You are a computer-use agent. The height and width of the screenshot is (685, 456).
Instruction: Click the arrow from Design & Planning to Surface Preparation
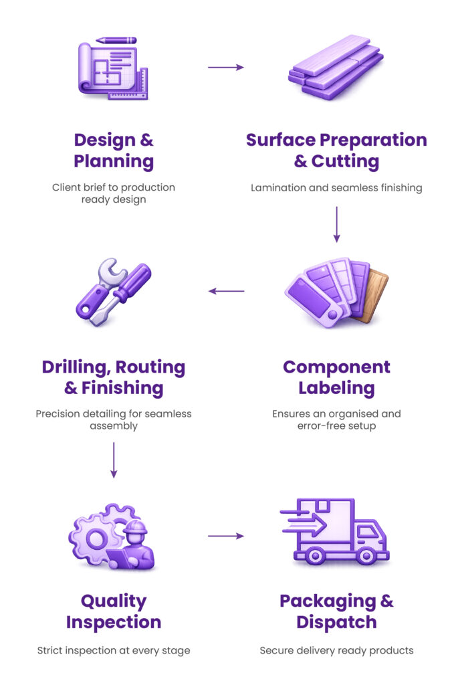(225, 68)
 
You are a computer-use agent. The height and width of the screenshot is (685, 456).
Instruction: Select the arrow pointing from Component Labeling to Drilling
(226, 291)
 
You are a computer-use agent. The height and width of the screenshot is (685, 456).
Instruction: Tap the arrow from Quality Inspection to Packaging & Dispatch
(225, 536)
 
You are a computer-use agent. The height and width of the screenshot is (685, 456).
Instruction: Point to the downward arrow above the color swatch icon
(336, 225)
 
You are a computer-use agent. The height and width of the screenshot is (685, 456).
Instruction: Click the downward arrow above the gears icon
(114, 460)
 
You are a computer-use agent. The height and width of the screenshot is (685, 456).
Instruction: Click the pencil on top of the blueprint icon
(116, 40)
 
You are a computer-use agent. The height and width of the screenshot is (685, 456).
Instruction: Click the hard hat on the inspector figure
(136, 527)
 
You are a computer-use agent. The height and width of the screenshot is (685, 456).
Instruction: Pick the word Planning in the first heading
(114, 162)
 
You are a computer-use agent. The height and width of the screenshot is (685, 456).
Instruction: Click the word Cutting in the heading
(345, 162)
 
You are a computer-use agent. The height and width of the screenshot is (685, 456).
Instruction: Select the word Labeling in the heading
(336, 389)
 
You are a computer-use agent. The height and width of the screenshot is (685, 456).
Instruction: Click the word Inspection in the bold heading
(114, 622)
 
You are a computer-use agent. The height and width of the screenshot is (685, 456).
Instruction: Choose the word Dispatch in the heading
(336, 622)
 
